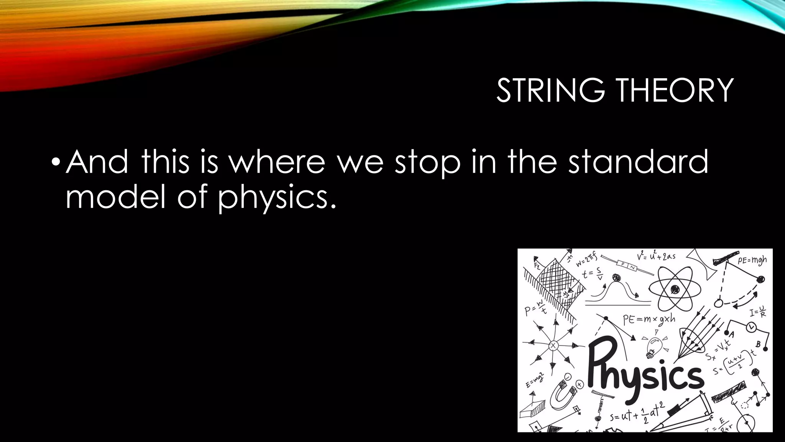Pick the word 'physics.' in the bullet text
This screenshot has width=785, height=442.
tap(277, 198)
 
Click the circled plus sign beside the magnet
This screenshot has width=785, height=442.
tap(580, 384)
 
